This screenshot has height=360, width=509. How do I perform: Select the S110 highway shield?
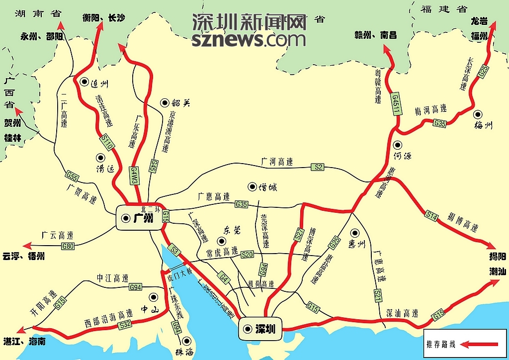pyautogui.click(x=108, y=143)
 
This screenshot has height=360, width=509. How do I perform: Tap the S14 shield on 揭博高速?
pyautogui.click(x=431, y=215)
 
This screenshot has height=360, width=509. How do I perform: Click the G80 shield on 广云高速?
pyautogui.click(x=68, y=246)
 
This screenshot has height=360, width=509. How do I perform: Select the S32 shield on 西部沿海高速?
pyautogui.click(x=124, y=325)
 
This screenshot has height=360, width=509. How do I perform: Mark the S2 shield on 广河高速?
pyautogui.click(x=319, y=167)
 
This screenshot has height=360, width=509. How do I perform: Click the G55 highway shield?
pyautogui.click(x=72, y=176)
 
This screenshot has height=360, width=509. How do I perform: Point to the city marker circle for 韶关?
pyautogui.click(x=164, y=102)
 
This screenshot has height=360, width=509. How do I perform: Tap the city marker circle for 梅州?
pyautogui.click(x=478, y=114)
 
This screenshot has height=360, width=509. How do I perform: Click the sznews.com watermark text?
pyautogui.click(x=249, y=39)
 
